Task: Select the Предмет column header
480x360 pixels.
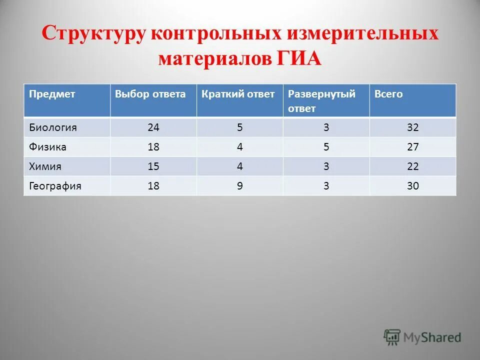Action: [52, 94]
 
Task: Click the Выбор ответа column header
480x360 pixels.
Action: [150, 94]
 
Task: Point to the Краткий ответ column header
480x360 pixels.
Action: [238, 94]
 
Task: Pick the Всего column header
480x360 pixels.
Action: [388, 94]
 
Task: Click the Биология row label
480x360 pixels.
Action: [52, 127]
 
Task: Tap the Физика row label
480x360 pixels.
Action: [48, 147]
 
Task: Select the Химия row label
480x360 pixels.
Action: [46, 166]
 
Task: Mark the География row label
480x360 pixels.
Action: [55, 186]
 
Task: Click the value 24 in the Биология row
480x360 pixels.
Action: [153, 127]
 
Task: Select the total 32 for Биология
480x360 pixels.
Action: [412, 127]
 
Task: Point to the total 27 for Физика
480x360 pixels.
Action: [412, 147]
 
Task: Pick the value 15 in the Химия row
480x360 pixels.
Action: [153, 166]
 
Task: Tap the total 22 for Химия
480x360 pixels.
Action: [412, 166]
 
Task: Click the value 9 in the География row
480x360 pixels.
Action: [240, 186]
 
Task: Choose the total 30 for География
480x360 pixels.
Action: [412, 186]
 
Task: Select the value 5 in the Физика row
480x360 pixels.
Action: [326, 147]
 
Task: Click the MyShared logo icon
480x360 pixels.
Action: [392, 336]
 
